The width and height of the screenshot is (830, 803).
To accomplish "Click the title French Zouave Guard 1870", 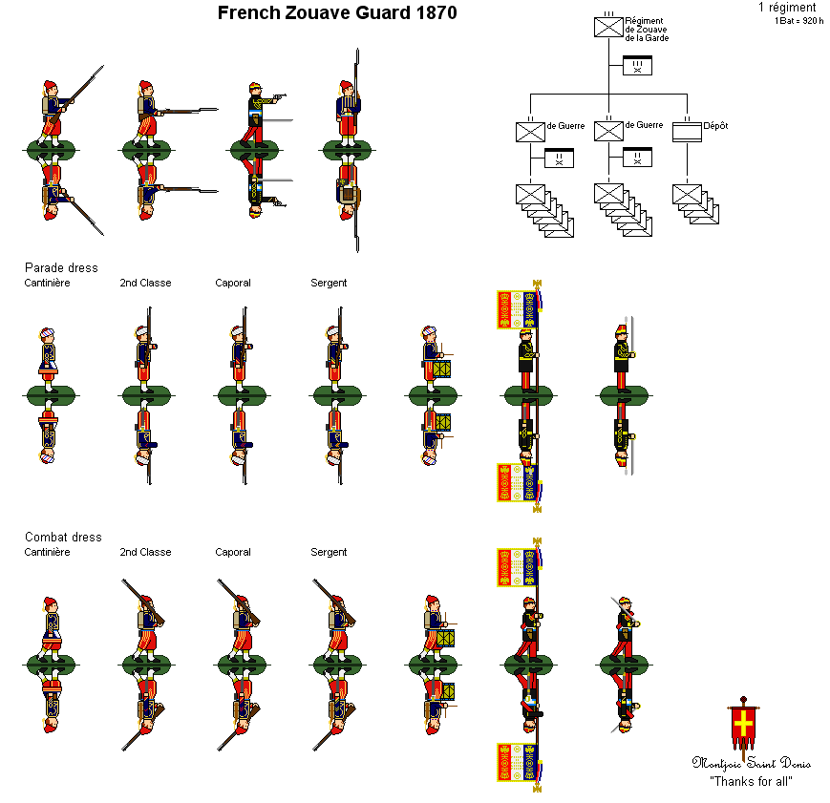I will coord(336,13).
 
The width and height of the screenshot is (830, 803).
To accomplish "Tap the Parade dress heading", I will coord(61,267).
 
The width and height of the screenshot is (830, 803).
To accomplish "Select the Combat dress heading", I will coord(63,537).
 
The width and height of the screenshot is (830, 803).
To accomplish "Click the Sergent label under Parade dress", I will coord(329,283).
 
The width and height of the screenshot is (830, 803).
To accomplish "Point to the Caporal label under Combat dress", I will coord(233,552).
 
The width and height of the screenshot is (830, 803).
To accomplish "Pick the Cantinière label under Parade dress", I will coord(47,283).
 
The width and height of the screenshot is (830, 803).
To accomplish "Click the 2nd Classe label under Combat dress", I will coord(145,552).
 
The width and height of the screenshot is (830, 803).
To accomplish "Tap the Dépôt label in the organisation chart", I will coord(715,125).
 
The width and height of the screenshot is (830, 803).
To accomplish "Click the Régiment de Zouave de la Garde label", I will coord(647,29).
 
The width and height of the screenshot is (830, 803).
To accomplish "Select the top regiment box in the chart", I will coord(608,27).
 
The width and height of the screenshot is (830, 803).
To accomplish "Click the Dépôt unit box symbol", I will coord(687,132).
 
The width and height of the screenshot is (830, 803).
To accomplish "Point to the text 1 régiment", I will coord(787,8).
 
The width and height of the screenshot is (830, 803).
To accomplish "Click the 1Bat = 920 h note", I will coord(798,20).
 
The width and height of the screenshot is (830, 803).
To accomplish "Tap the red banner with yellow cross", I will coord(743,728).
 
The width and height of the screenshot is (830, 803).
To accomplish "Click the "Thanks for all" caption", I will coord(751,781).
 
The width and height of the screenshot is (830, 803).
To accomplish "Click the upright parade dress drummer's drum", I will coord(441,368).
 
